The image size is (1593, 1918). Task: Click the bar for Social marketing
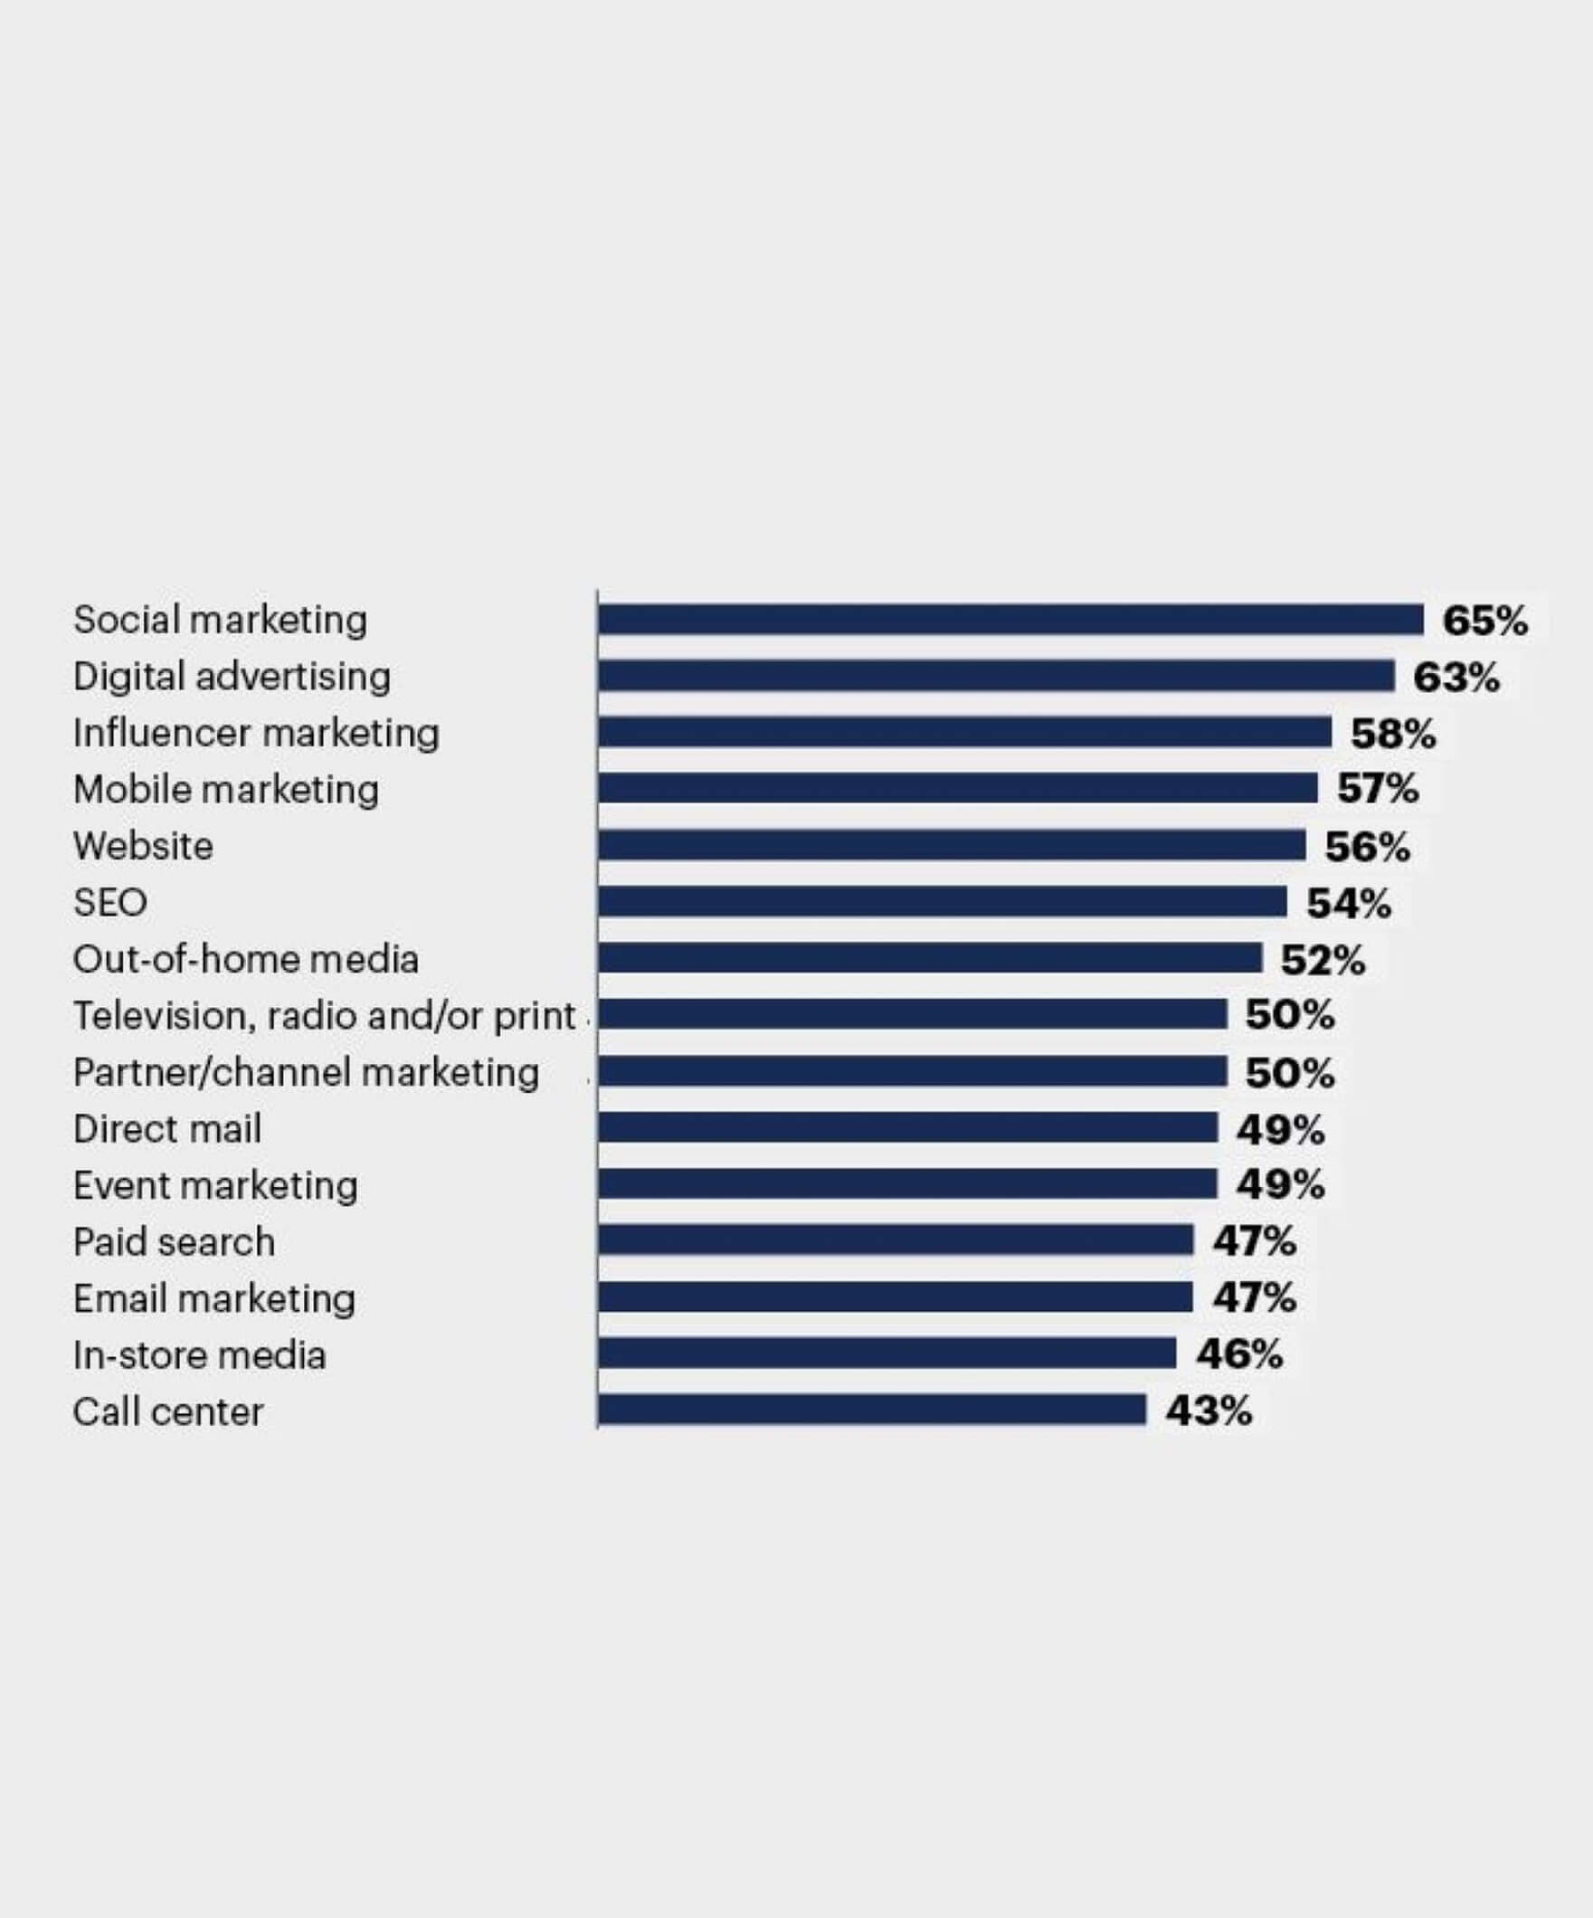click(x=1010, y=619)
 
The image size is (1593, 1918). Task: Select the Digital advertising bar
click(x=996, y=676)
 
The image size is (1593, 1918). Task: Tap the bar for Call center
click(x=871, y=1410)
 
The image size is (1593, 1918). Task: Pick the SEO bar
click(x=942, y=901)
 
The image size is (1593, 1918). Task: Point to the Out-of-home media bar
click(x=930, y=958)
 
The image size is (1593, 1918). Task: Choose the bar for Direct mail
click(x=908, y=1127)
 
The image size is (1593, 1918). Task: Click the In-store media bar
click(x=887, y=1353)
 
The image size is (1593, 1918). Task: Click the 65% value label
click(x=1484, y=621)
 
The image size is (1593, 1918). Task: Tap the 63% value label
click(x=1456, y=678)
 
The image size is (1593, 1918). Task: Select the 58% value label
click(x=1393, y=735)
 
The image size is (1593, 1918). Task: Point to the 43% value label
click(x=1208, y=1411)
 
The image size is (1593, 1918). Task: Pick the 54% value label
click(x=1348, y=903)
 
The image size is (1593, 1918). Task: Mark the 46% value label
click(x=1238, y=1354)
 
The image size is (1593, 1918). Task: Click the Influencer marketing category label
click(x=257, y=734)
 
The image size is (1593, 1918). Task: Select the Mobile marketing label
click(x=225, y=790)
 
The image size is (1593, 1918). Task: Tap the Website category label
click(x=144, y=847)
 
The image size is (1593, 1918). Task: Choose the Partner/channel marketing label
click(x=306, y=1072)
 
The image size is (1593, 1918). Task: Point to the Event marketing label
click(x=215, y=1185)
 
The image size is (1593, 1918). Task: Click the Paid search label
click(x=174, y=1242)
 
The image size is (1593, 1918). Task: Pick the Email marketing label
click(x=214, y=1299)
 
